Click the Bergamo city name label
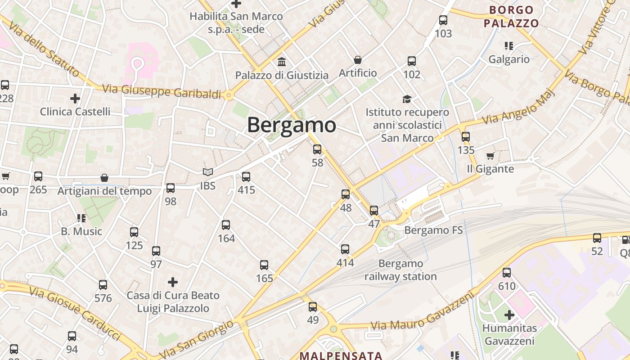pyautogui.click(x=291, y=125)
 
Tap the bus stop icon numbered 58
pyautogui.click(x=317, y=149)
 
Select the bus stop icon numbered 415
pyautogui.click(x=246, y=177)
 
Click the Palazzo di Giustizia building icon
pyautogui.click(x=282, y=62)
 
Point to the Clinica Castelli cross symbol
pyautogui.click(x=75, y=98)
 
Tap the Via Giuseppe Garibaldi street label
pyautogui.click(x=162, y=91)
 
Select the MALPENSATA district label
pyautogui.click(x=341, y=355)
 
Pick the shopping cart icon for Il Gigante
pyautogui.click(x=490, y=156)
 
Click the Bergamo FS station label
pyautogui.click(x=433, y=230)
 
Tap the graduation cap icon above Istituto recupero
pyautogui.click(x=407, y=99)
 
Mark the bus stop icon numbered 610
pyautogui.click(x=507, y=272)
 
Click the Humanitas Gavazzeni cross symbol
pyautogui.click(x=509, y=315)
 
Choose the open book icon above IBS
pyautogui.click(x=207, y=172)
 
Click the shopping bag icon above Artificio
pyautogui.click(x=358, y=59)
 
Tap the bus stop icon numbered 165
pyautogui.click(x=264, y=265)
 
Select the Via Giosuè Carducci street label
pyautogui.click(x=75, y=313)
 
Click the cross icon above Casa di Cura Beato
pyautogui.click(x=172, y=282)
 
